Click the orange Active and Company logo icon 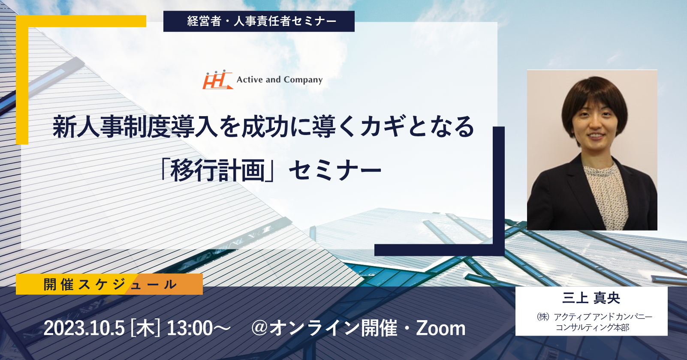click(x=217, y=80)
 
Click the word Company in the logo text click(x=303, y=80)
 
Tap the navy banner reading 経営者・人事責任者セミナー click(x=259, y=21)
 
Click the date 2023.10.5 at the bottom click(x=84, y=328)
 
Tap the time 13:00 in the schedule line click(x=190, y=328)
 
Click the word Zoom click(x=440, y=328)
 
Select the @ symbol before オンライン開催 click(x=260, y=328)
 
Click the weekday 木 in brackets click(x=145, y=328)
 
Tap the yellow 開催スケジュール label click(x=109, y=284)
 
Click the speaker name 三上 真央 click(x=591, y=298)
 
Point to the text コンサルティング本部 click(x=592, y=327)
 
